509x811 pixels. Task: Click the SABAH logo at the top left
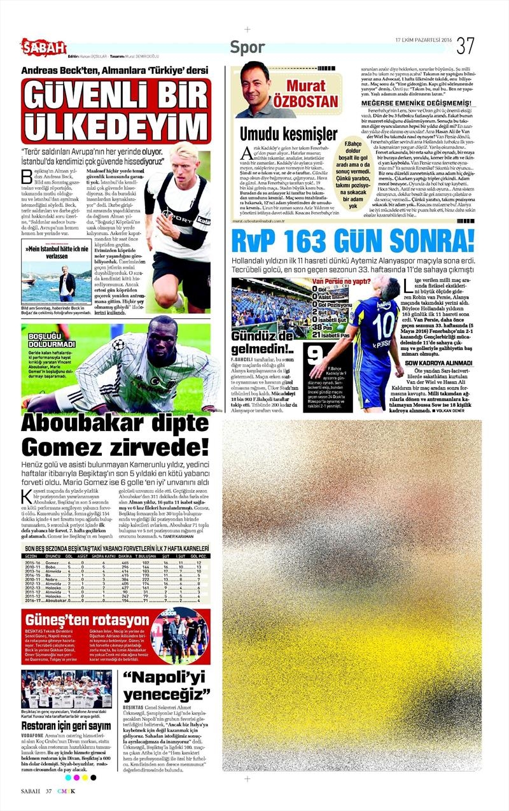(43, 46)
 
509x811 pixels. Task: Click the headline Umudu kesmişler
(288, 134)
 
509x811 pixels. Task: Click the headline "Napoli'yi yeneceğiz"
(167, 686)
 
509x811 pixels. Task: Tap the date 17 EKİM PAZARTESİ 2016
(422, 40)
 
